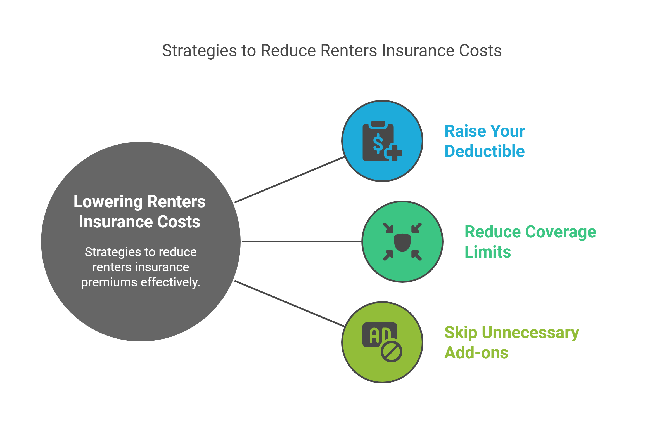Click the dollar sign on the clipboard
378,143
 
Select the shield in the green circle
402,242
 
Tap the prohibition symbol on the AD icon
391,352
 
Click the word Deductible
485,151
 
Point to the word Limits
488,252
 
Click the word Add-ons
476,353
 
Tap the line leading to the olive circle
289,303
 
